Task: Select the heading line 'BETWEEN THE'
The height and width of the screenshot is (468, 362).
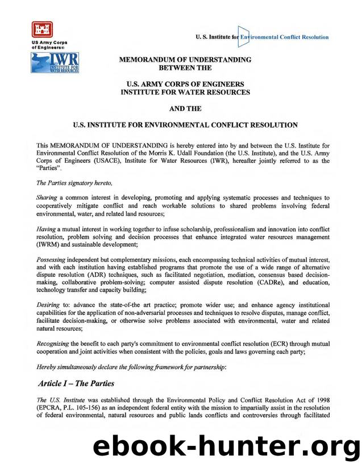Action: tap(185, 68)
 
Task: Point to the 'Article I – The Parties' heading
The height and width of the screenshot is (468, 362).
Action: tap(76, 383)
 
